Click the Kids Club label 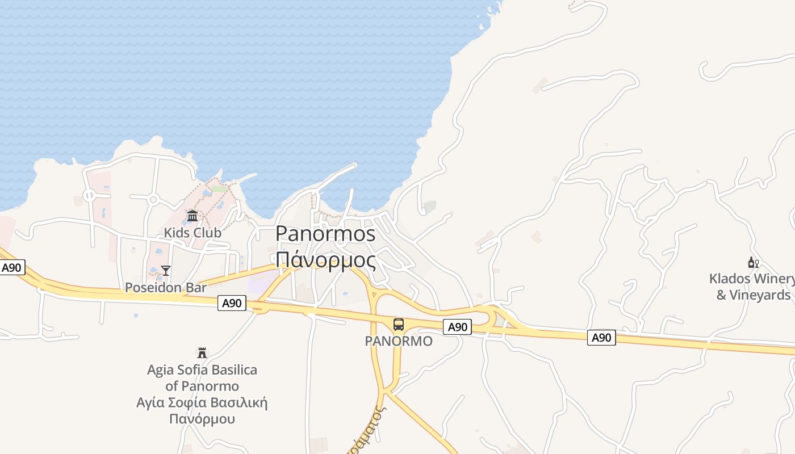tap(193, 233)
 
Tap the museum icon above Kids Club tap(193, 216)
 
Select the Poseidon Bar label tap(165, 287)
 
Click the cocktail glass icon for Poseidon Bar tap(165, 271)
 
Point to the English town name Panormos tap(325, 234)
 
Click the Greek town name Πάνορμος tap(325, 260)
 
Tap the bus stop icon tap(399, 325)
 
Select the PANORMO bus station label tap(399, 341)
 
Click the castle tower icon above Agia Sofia tap(202, 353)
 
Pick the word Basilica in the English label tap(232, 370)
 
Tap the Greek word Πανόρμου tap(202, 419)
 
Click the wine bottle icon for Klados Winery tap(754, 262)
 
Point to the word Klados tap(729, 279)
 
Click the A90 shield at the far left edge tap(12, 268)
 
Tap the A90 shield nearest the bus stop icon tap(457, 327)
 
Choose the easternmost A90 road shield tap(601, 338)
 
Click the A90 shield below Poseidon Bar tap(232, 304)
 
